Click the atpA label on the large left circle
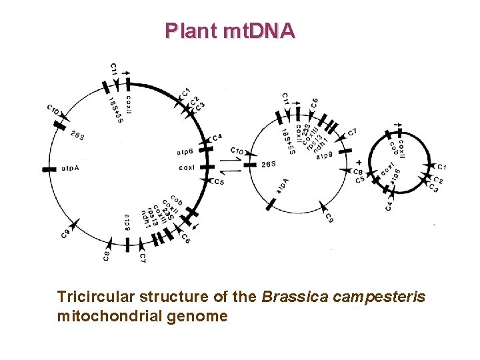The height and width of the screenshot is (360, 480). (x=69, y=170)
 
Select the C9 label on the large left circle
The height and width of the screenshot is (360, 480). (x=65, y=233)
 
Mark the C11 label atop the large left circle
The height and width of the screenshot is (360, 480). (x=114, y=69)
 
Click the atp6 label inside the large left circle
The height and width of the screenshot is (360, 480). (x=185, y=151)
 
